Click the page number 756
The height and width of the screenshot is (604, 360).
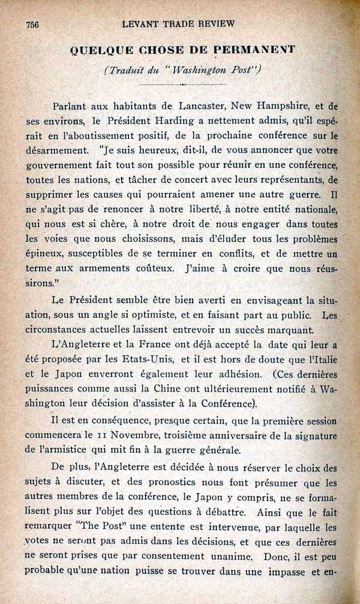[x=32, y=24]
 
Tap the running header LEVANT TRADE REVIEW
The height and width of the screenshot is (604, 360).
[x=178, y=24]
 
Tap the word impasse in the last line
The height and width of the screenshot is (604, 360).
[x=284, y=572]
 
